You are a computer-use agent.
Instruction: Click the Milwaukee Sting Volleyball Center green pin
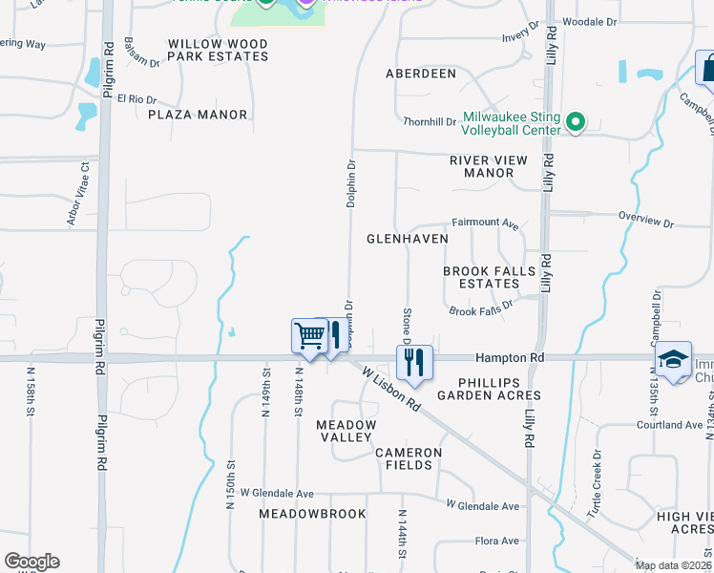click(575, 122)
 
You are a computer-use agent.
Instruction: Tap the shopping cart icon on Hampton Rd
click(309, 335)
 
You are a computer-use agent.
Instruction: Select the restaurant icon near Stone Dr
click(415, 362)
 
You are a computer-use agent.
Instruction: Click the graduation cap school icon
click(674, 359)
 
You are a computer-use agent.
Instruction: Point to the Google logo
click(31, 562)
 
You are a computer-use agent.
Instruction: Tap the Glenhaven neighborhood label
click(407, 238)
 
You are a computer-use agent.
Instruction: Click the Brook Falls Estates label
click(490, 278)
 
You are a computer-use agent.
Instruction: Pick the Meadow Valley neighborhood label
click(346, 430)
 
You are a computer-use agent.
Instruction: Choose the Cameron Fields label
click(409, 458)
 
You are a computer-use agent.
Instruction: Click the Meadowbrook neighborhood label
click(312, 514)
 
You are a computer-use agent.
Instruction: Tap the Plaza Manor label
click(198, 115)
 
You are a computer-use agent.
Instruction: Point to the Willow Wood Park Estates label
click(218, 50)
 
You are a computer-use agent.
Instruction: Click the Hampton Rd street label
click(512, 356)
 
